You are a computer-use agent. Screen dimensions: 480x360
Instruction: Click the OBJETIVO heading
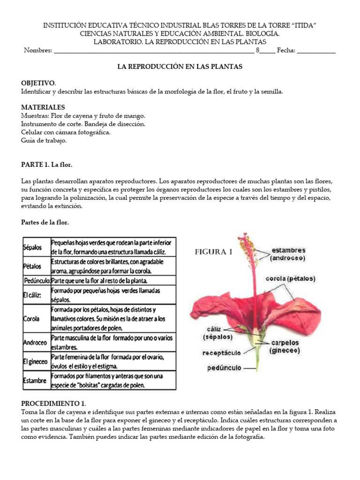click(x=38, y=82)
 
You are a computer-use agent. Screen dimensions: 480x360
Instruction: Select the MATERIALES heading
click(x=43, y=107)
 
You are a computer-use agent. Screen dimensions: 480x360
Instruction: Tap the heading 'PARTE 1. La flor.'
click(x=47, y=165)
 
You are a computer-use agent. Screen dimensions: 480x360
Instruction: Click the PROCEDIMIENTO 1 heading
click(x=53, y=404)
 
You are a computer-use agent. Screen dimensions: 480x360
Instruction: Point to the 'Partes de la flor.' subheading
click(x=45, y=222)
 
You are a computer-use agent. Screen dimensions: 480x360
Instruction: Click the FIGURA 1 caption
click(x=213, y=252)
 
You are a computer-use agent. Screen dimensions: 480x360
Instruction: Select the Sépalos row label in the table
click(x=32, y=247)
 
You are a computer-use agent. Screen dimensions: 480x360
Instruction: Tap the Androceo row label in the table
click(x=35, y=343)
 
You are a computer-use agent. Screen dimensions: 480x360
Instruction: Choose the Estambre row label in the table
click(x=35, y=381)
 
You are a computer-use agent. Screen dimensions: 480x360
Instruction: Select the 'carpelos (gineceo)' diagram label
click(x=287, y=346)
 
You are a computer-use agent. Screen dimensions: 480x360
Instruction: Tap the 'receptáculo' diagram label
click(x=222, y=352)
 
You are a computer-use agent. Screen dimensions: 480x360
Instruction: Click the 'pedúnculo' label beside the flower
click(x=224, y=368)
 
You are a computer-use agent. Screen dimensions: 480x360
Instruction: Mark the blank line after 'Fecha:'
click(x=316, y=51)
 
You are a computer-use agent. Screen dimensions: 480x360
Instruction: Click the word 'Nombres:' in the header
click(x=38, y=51)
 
